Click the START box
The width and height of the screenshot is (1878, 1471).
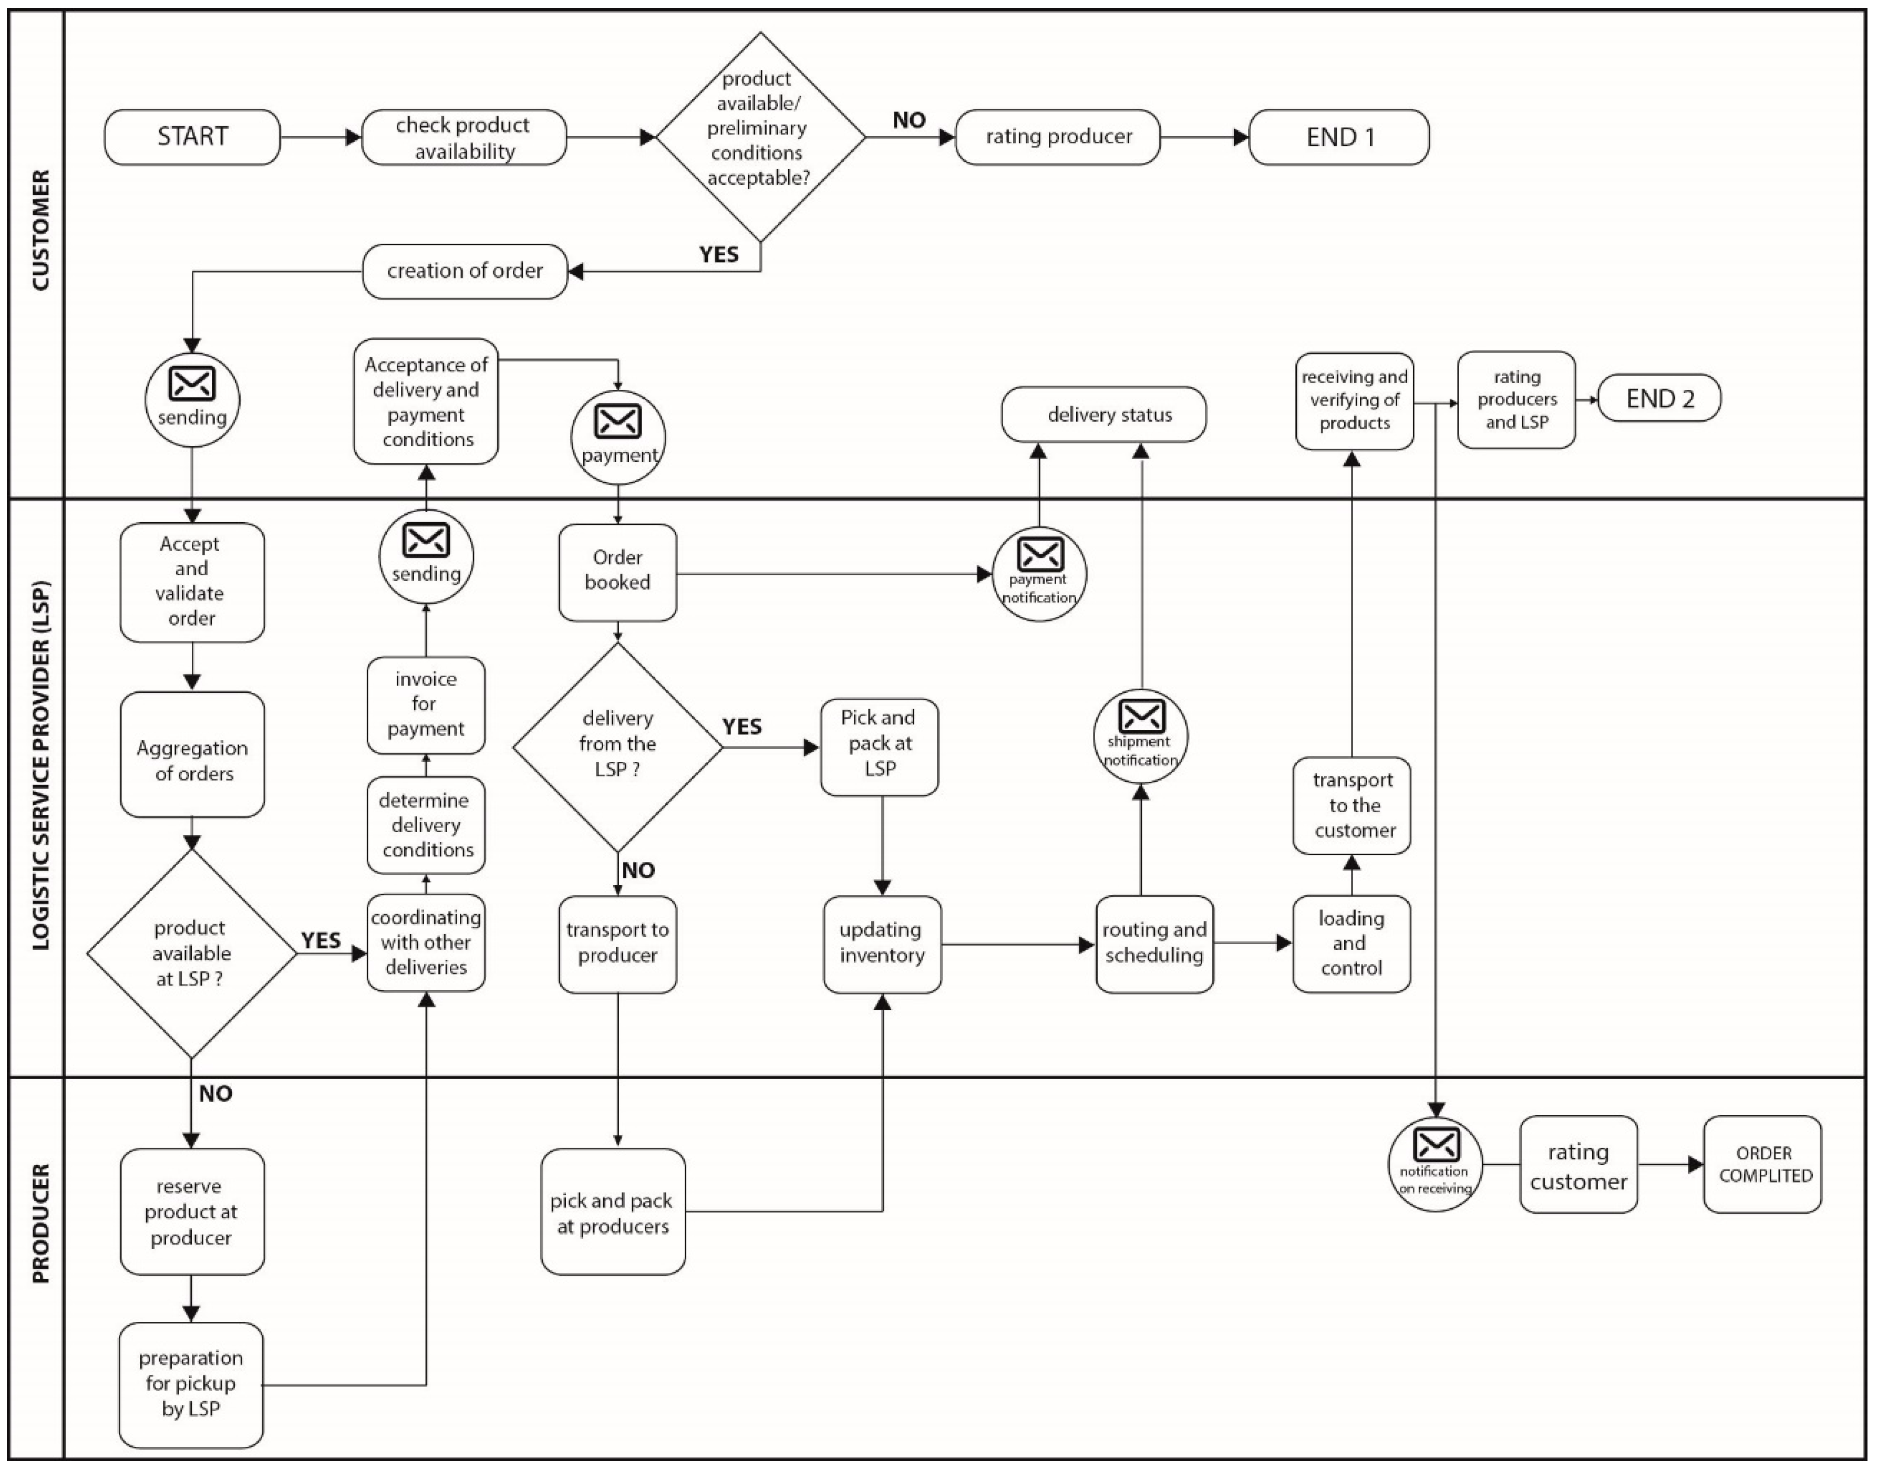coord(192,137)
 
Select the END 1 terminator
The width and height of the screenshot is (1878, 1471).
coord(1339,137)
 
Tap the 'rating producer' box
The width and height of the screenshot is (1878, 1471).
coord(1058,137)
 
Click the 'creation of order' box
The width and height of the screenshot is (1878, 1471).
coord(465,271)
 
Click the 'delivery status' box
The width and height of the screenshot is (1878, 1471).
coord(1103,415)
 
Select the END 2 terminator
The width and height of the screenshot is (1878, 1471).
coord(1659,399)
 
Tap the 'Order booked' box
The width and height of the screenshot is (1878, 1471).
coord(617,572)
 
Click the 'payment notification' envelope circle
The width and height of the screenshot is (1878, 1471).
coord(1040,574)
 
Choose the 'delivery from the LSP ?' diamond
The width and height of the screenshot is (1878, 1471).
coord(617,746)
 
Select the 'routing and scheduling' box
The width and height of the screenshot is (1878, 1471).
coord(1154,945)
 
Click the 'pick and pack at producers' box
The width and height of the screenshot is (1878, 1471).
coord(613,1212)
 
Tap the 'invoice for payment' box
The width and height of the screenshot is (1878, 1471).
coord(426,705)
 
